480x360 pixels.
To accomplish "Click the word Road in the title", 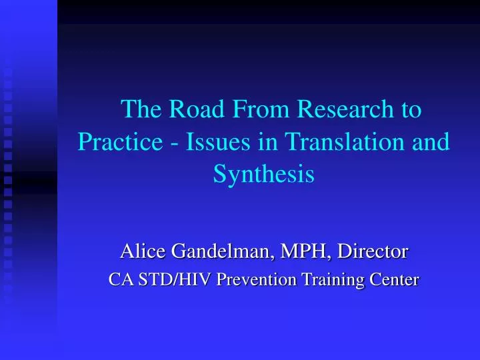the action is pos(197,109).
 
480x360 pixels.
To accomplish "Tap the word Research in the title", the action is pos(345,109).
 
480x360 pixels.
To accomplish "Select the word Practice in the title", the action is pos(120,141).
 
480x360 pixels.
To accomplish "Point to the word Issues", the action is pos(218,141).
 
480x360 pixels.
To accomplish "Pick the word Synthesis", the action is pos(264,175).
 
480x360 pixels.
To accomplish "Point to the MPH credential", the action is pos(305,251).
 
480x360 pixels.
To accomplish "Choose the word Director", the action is pos(373,251).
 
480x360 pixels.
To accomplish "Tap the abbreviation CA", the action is pos(121,279).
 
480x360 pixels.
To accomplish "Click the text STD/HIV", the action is pos(175,279).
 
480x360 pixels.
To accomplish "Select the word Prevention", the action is pos(257,279).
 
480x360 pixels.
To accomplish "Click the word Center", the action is pos(394,279).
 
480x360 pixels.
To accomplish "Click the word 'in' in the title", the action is pos(267,141).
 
